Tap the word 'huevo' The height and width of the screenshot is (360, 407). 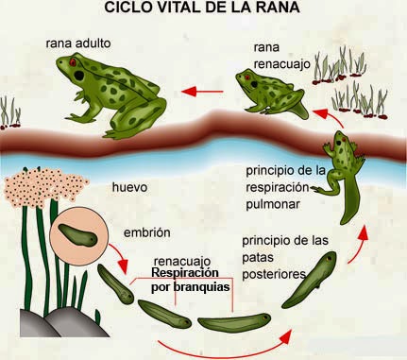129,187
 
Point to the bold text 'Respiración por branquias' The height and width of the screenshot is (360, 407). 192,279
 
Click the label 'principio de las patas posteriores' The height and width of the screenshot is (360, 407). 283,256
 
